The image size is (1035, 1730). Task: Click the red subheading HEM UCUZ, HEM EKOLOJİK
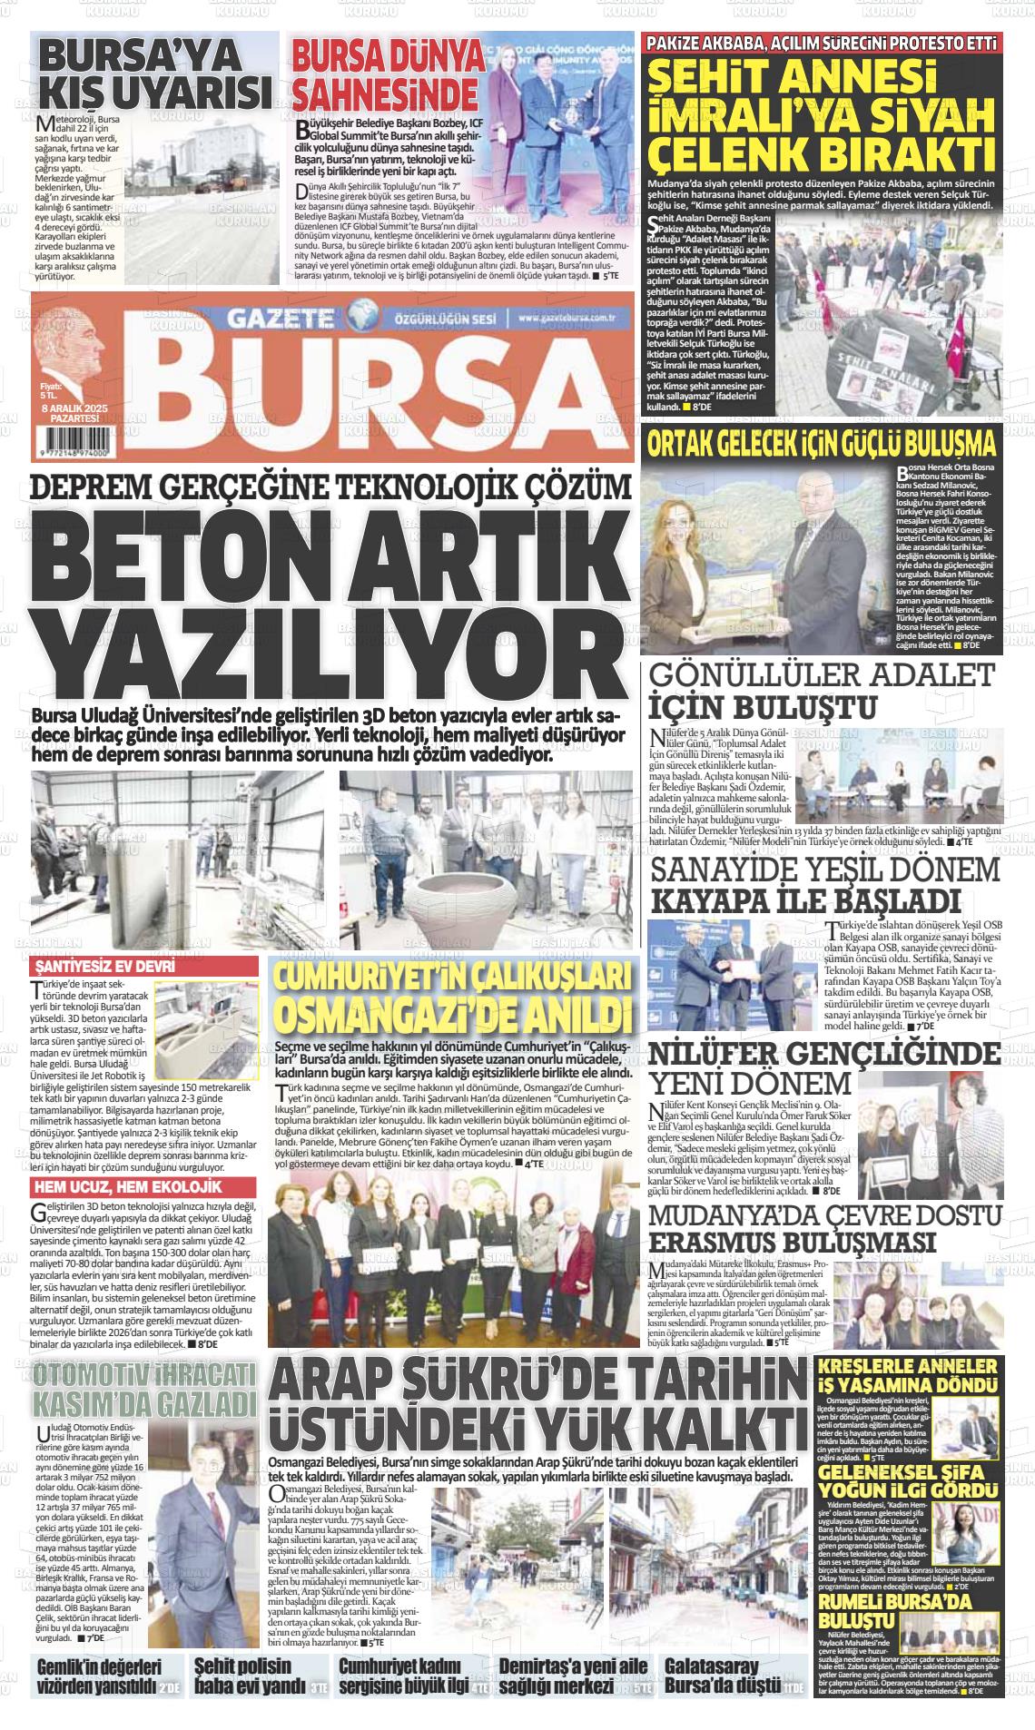pyautogui.click(x=127, y=1187)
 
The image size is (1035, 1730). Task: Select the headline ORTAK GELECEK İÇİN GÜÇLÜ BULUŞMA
pyautogui.click(x=821, y=444)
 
